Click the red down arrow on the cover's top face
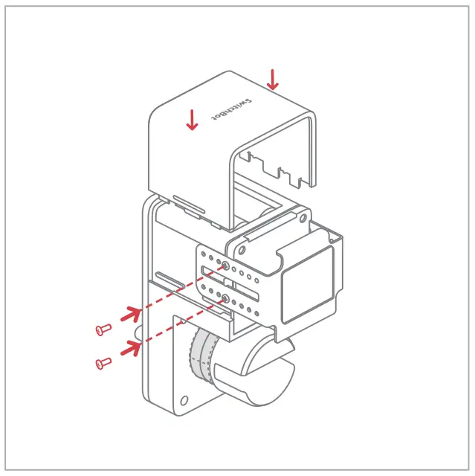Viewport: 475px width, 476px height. [x=193, y=119]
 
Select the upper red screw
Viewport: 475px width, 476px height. [x=103, y=328]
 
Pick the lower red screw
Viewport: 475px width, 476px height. [x=103, y=363]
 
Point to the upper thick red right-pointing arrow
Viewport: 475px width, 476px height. [x=132, y=312]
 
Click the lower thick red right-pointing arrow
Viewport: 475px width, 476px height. [x=132, y=344]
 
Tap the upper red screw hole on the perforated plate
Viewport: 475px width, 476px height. [x=225, y=265]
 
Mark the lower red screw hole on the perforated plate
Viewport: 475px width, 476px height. [x=224, y=298]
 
